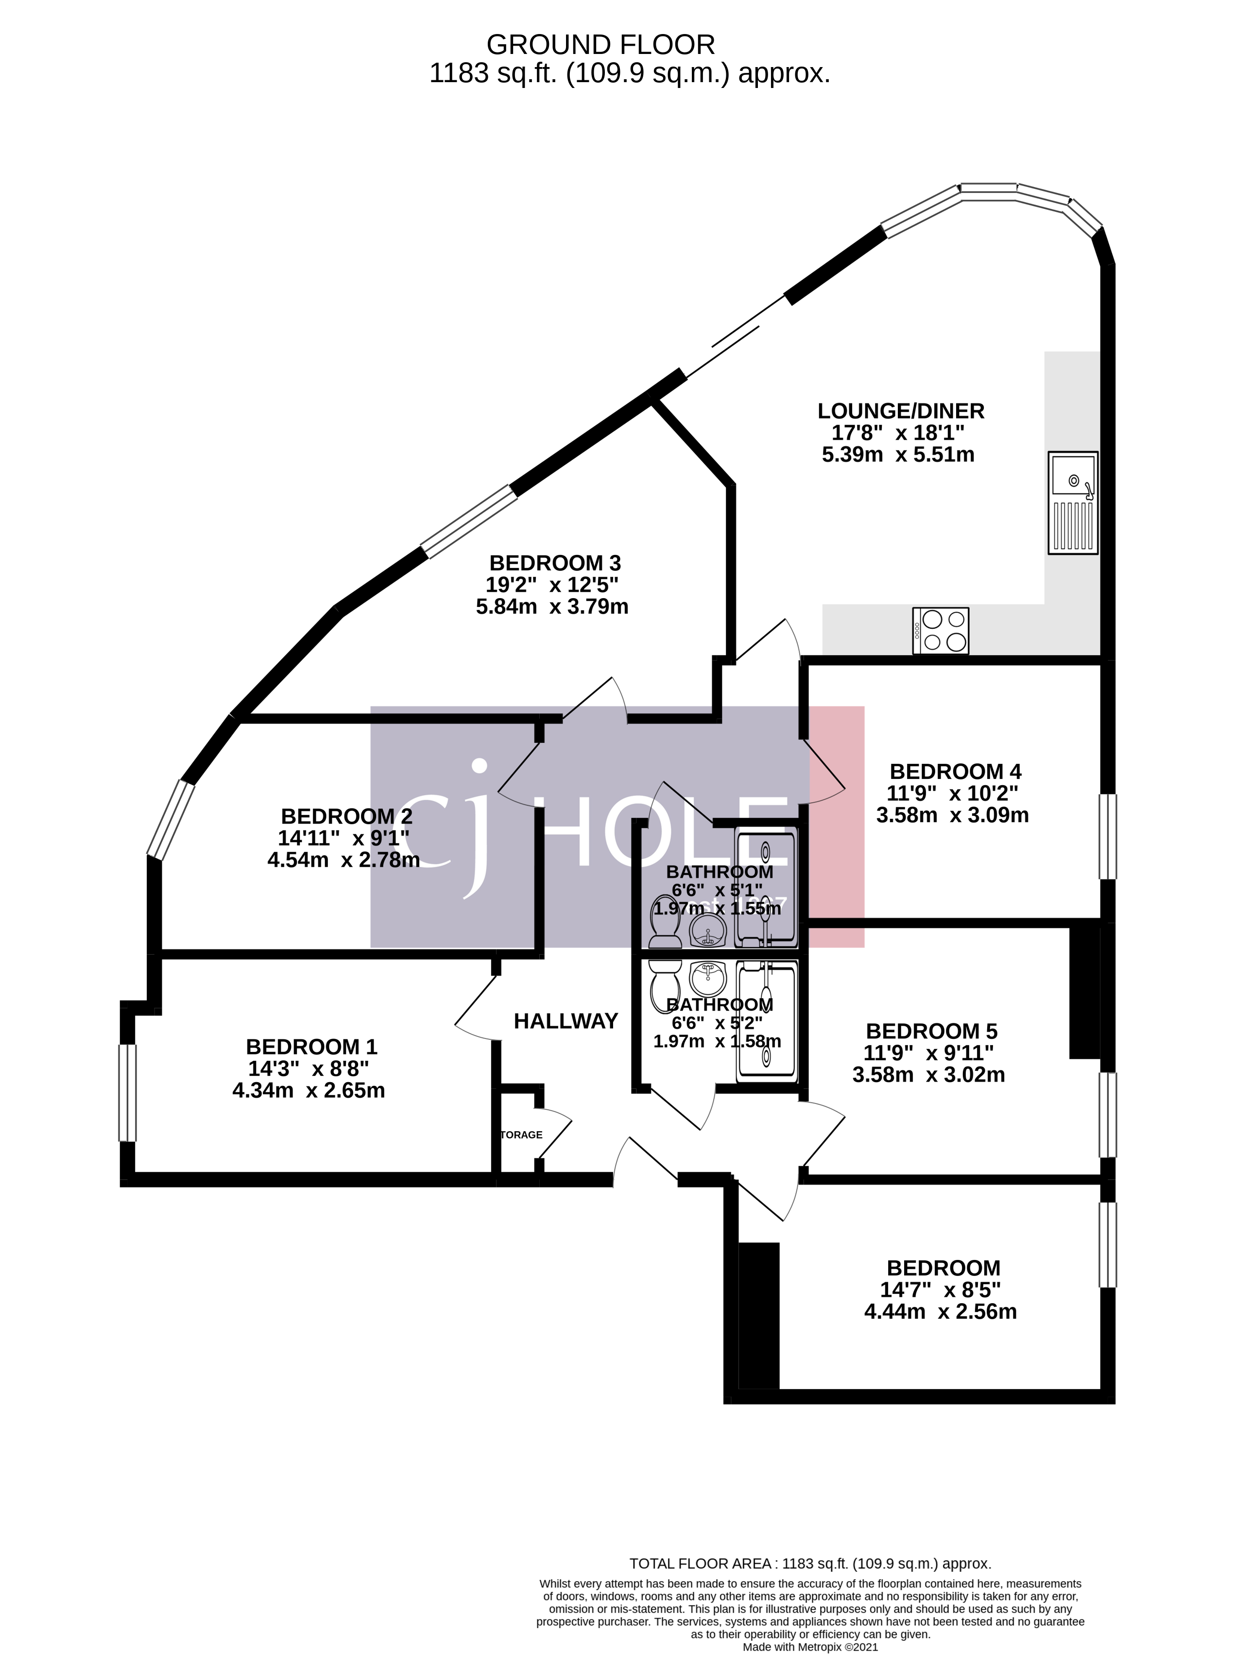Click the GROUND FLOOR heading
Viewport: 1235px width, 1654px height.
pyautogui.click(x=600, y=45)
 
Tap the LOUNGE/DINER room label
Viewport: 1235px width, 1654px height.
pyautogui.click(x=900, y=411)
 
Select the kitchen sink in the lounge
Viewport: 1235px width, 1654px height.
pyautogui.click(x=1073, y=502)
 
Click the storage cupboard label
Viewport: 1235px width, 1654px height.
pyautogui.click(x=521, y=1134)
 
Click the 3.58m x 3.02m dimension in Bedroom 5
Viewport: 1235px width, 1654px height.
pyautogui.click(x=928, y=1074)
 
